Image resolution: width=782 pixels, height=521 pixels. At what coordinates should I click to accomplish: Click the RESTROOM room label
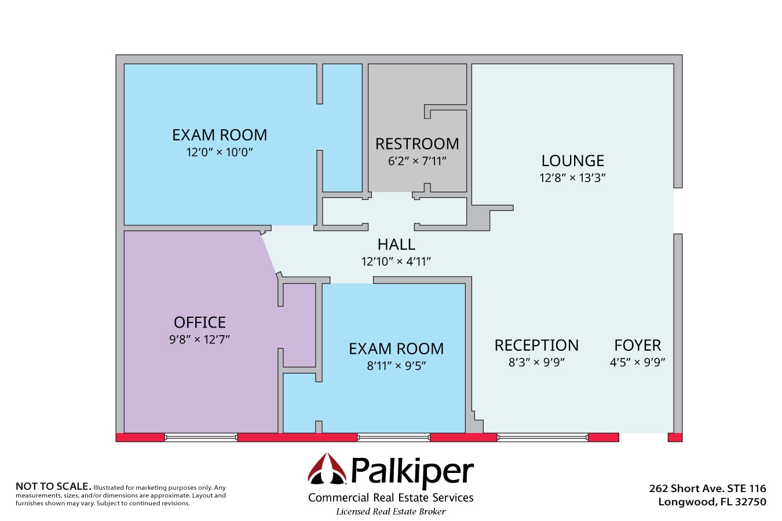click(x=417, y=144)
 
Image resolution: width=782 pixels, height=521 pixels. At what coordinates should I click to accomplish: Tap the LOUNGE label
click(x=572, y=160)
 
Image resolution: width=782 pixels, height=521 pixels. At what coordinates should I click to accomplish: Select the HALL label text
click(x=396, y=244)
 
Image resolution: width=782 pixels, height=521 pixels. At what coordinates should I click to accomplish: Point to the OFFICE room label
click(x=200, y=322)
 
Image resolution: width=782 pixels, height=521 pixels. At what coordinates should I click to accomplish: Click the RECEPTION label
click(x=536, y=345)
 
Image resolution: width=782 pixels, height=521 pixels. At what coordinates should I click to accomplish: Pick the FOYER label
click(x=637, y=345)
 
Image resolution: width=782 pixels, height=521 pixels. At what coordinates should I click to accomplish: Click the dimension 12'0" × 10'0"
click(x=220, y=152)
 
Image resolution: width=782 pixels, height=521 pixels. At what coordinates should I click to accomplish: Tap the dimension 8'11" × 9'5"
click(x=396, y=366)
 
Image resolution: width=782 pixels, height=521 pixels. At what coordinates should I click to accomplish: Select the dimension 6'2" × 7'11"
click(x=417, y=161)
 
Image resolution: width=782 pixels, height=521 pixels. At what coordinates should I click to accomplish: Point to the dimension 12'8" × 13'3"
click(x=572, y=178)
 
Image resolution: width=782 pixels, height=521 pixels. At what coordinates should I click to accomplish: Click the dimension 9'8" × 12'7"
click(x=200, y=339)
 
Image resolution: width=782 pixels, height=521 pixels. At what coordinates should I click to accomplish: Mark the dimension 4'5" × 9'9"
click(x=637, y=362)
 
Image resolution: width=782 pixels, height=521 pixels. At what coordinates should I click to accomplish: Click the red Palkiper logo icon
click(x=327, y=469)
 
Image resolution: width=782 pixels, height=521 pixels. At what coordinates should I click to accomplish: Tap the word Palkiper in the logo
click(x=412, y=472)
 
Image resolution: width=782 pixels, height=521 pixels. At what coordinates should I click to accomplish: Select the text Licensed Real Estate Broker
click(x=391, y=512)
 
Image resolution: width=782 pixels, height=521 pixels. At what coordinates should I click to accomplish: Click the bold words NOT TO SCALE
click(x=53, y=486)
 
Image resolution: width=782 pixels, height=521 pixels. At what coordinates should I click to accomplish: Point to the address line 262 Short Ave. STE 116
click(x=707, y=489)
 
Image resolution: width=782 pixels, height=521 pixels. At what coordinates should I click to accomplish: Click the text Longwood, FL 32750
click(x=712, y=502)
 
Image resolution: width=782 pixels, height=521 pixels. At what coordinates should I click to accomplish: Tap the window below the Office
click(x=201, y=438)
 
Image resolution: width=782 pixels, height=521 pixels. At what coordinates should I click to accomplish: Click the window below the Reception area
click(x=542, y=438)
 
